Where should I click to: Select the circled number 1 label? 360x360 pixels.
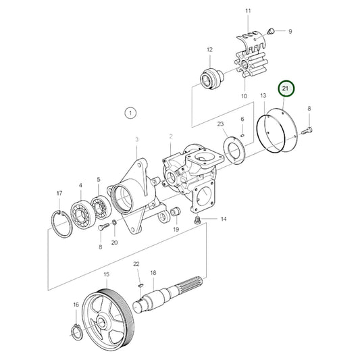130,112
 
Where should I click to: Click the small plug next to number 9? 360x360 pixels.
270,30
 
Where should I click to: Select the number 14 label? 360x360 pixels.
224,220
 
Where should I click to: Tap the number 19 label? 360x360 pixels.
176,230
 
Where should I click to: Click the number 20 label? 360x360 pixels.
114,242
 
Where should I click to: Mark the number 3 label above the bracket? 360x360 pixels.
136,139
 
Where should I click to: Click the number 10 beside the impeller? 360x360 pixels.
244,97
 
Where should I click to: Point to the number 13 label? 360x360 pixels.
262,97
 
